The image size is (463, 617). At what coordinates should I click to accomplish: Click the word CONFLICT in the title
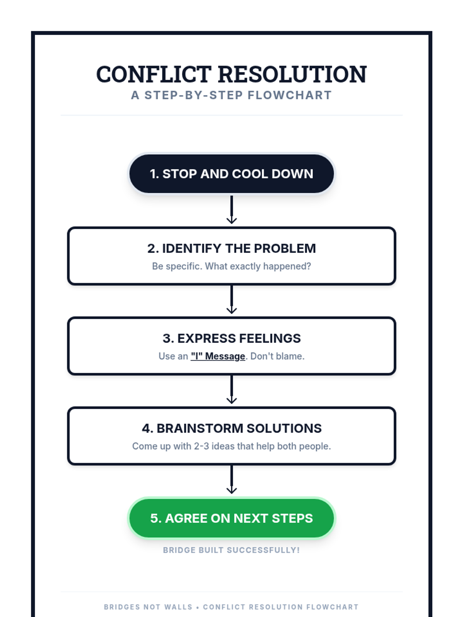(x=154, y=74)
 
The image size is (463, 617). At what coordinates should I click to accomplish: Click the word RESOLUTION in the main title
(x=292, y=74)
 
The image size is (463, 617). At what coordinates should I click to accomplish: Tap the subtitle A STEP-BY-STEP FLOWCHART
(x=231, y=95)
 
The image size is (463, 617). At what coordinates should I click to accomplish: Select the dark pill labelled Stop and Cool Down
(x=231, y=174)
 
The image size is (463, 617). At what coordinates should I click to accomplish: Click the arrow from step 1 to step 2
(x=231, y=210)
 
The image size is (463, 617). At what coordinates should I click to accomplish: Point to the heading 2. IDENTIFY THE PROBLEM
(x=231, y=248)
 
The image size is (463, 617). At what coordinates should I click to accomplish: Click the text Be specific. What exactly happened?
(x=231, y=266)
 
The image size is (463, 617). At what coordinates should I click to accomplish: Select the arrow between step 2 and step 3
(x=231, y=300)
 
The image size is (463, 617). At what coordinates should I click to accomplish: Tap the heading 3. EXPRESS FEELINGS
(x=231, y=338)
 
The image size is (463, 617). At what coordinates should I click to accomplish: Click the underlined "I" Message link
(x=218, y=356)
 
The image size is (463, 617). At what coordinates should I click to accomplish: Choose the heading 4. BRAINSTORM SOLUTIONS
(x=231, y=428)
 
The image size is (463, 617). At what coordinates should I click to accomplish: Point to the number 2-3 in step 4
(x=201, y=446)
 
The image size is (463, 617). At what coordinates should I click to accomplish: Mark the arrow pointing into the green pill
(x=231, y=480)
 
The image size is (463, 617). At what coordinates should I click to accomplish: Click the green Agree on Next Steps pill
(x=231, y=518)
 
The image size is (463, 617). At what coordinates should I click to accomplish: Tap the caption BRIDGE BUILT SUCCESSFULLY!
(x=231, y=550)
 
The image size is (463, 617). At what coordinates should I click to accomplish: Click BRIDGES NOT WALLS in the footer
(x=148, y=607)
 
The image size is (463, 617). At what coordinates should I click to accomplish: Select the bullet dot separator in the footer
(x=198, y=607)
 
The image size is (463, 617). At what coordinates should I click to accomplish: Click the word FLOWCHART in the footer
(x=332, y=607)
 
